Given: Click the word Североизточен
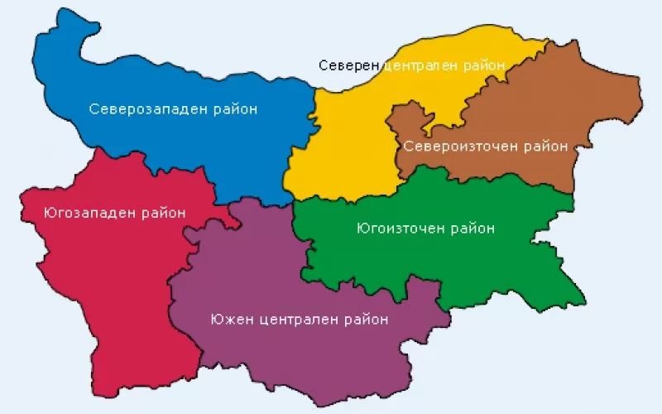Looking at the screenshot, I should point(460,147).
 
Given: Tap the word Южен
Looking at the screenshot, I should point(231,319).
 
